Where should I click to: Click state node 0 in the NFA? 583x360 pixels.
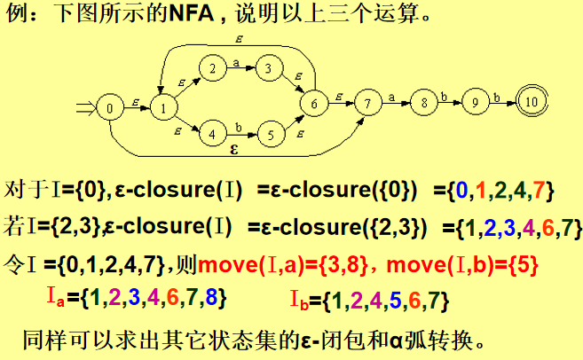[110, 109]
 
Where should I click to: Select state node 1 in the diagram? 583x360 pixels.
[163, 109]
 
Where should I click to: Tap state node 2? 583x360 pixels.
[212, 68]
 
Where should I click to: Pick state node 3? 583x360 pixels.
[265, 68]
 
